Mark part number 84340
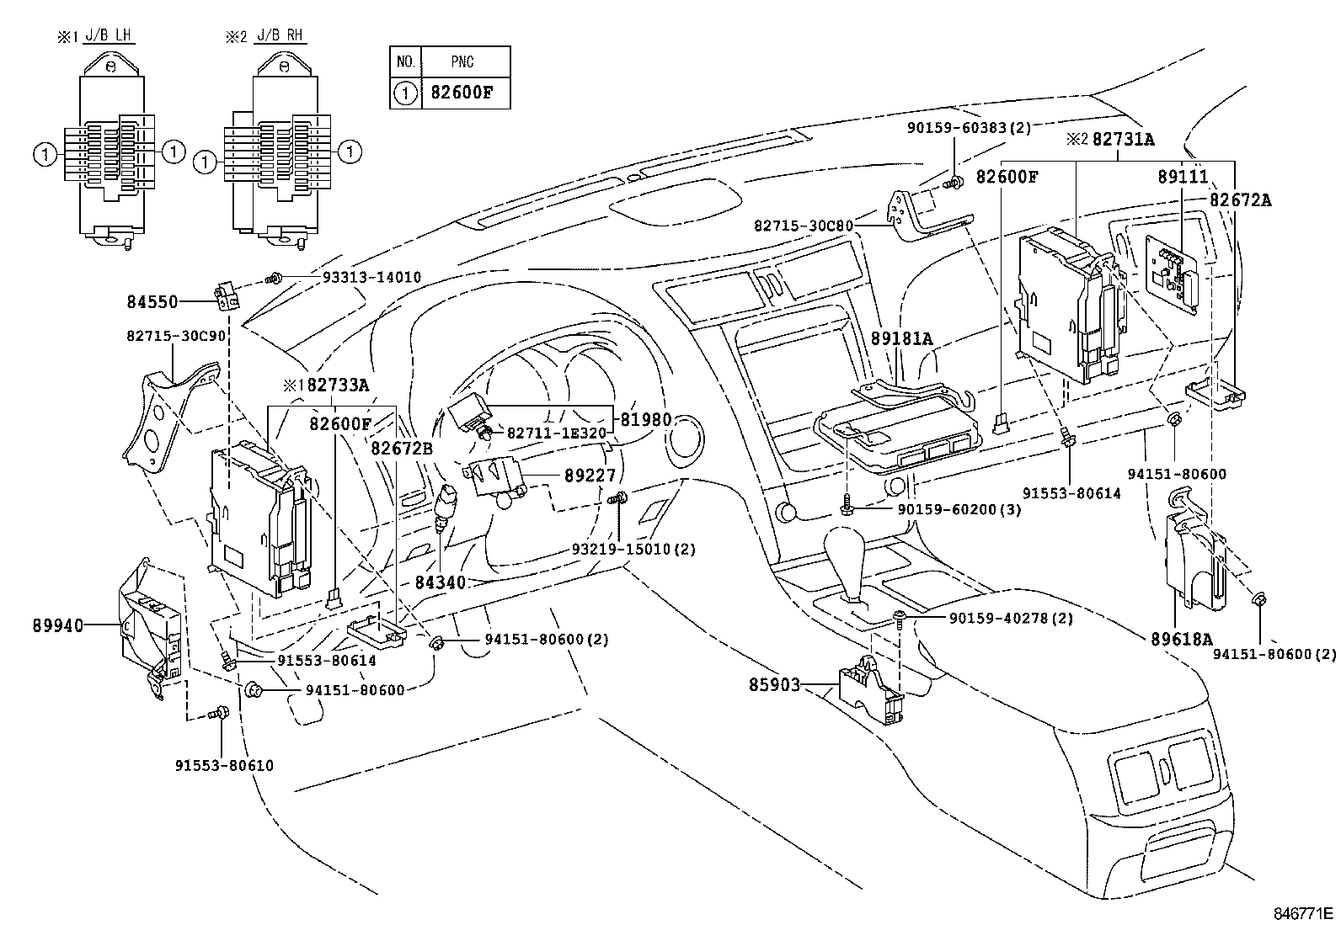[440, 582]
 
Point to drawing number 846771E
[1302, 912]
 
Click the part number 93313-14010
[371, 277]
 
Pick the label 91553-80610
[224, 766]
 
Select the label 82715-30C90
[177, 335]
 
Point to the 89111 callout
[1183, 177]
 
